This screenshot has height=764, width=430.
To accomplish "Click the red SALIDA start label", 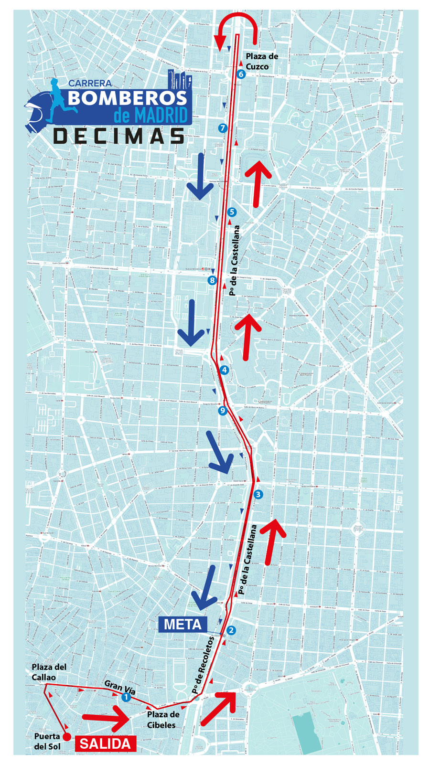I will tap(105, 743).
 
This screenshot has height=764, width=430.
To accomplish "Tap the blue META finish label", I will tap(183, 624).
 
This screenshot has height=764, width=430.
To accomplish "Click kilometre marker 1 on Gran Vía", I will tap(126, 698).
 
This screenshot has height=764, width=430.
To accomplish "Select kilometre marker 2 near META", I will tap(231, 630).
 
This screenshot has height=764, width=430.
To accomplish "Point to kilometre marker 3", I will tap(258, 494).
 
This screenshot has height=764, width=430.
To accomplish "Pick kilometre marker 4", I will tap(224, 370).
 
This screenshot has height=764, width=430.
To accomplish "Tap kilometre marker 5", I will tap(232, 212).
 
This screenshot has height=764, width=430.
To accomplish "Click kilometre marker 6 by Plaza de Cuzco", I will tap(240, 74).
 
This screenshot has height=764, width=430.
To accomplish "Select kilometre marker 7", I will tap(222, 128).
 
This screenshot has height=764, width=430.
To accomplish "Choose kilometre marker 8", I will tap(212, 280).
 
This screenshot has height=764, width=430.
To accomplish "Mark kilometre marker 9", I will tap(222, 411).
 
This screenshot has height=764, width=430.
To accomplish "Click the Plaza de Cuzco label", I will tap(261, 62).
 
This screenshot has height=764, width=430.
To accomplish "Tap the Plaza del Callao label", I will tap(49, 672).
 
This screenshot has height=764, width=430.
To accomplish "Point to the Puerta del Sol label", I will tap(47, 741).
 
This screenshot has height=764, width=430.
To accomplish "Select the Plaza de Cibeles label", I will tap(163, 720).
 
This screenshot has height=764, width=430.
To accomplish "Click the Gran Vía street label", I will tap(120, 687).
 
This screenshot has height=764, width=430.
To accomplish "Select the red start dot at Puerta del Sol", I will tap(67, 737).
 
